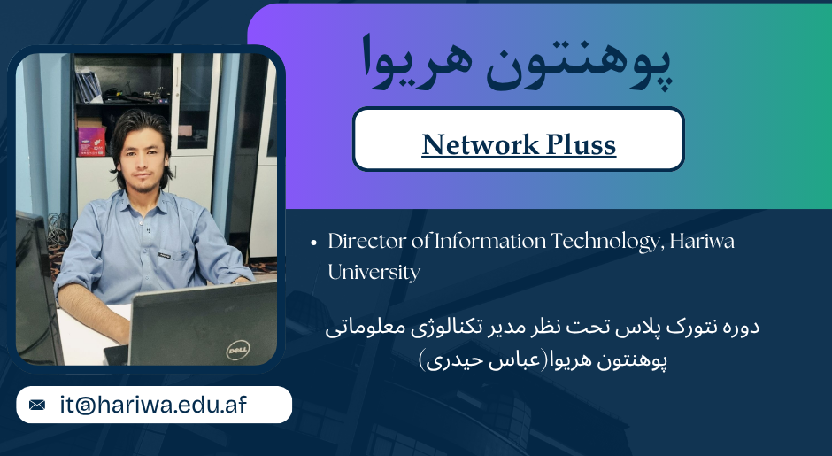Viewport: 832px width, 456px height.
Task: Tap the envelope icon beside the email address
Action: [37, 405]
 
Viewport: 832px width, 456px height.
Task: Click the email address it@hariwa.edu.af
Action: [153, 405]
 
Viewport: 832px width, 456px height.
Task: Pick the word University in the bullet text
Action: [374, 272]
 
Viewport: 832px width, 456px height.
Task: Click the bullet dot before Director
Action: [313, 243]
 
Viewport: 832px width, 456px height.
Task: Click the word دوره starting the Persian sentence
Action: [738, 328]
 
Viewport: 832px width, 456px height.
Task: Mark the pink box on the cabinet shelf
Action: [91, 140]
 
